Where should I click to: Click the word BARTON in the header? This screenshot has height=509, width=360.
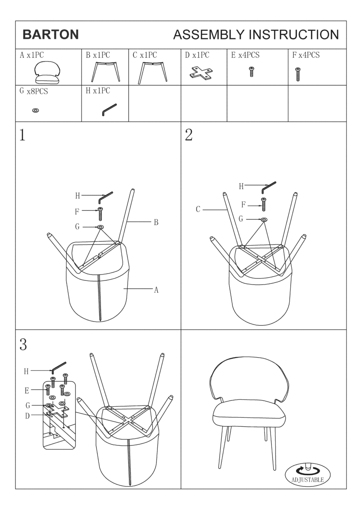tap(50, 34)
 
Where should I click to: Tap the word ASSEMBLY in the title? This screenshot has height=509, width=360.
tap(209, 34)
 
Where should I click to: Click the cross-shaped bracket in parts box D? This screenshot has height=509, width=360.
tap(202, 73)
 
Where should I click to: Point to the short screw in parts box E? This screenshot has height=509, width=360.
tap(251, 71)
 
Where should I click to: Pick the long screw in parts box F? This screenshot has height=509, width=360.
tap(298, 74)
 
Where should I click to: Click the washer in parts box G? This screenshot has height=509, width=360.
tap(36, 110)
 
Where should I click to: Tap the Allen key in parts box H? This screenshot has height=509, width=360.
tap(109, 109)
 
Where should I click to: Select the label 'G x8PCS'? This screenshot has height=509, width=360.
tap(34, 91)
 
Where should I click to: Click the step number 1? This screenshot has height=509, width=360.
tap(22, 135)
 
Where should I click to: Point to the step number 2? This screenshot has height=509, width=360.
tap(189, 135)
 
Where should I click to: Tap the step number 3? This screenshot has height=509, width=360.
tap(23, 344)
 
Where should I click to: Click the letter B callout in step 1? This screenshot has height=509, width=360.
tap(156, 222)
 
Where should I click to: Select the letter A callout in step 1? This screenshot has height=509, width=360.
tap(156, 290)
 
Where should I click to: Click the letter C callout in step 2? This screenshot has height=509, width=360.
tap(198, 209)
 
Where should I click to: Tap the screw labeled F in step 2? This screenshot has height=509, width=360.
tap(264, 204)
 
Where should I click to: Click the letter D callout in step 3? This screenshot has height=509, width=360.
tap(27, 416)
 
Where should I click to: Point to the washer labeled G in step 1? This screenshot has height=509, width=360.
tap(100, 227)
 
